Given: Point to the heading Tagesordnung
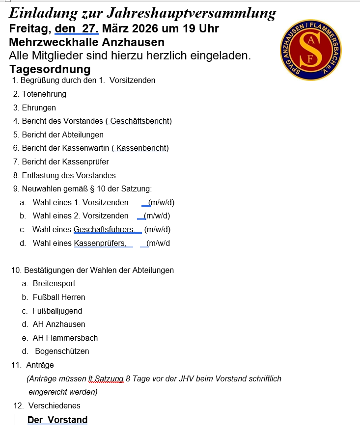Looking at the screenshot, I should [x=50, y=69].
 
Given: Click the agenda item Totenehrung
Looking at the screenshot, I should [x=44, y=94].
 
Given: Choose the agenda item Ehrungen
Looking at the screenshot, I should [x=39, y=107].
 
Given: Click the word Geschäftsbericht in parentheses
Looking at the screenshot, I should [x=140, y=121].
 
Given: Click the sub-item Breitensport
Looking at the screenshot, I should [x=54, y=284].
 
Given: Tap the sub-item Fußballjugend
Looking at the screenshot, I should [x=57, y=311].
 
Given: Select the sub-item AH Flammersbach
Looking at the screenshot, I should [x=65, y=338].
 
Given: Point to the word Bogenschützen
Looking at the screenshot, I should [x=62, y=351].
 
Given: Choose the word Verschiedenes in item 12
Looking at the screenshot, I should [x=55, y=406].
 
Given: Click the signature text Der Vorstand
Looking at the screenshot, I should [x=57, y=420].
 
